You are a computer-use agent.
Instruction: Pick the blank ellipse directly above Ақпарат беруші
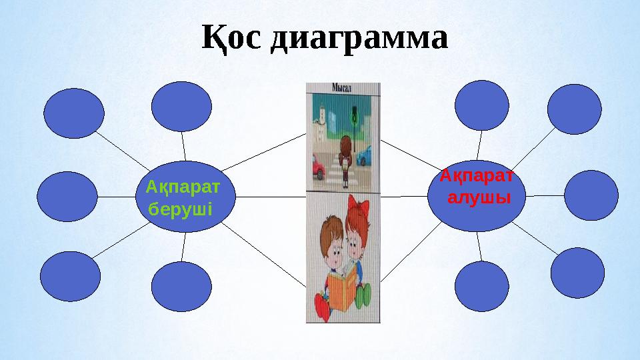pyautogui.click(x=181, y=106)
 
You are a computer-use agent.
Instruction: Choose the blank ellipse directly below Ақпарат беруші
pyautogui.click(x=181, y=287)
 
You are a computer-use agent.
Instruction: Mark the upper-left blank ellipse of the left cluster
pyautogui.click(x=74, y=113)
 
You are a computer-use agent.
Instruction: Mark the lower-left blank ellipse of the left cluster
pyautogui.click(x=71, y=276)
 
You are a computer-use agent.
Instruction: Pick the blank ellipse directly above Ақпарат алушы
pyautogui.click(x=482, y=105)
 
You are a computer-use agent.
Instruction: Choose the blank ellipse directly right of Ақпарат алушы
pyautogui.click(x=591, y=195)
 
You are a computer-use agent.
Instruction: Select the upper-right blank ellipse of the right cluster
pyautogui.click(x=575, y=109)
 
